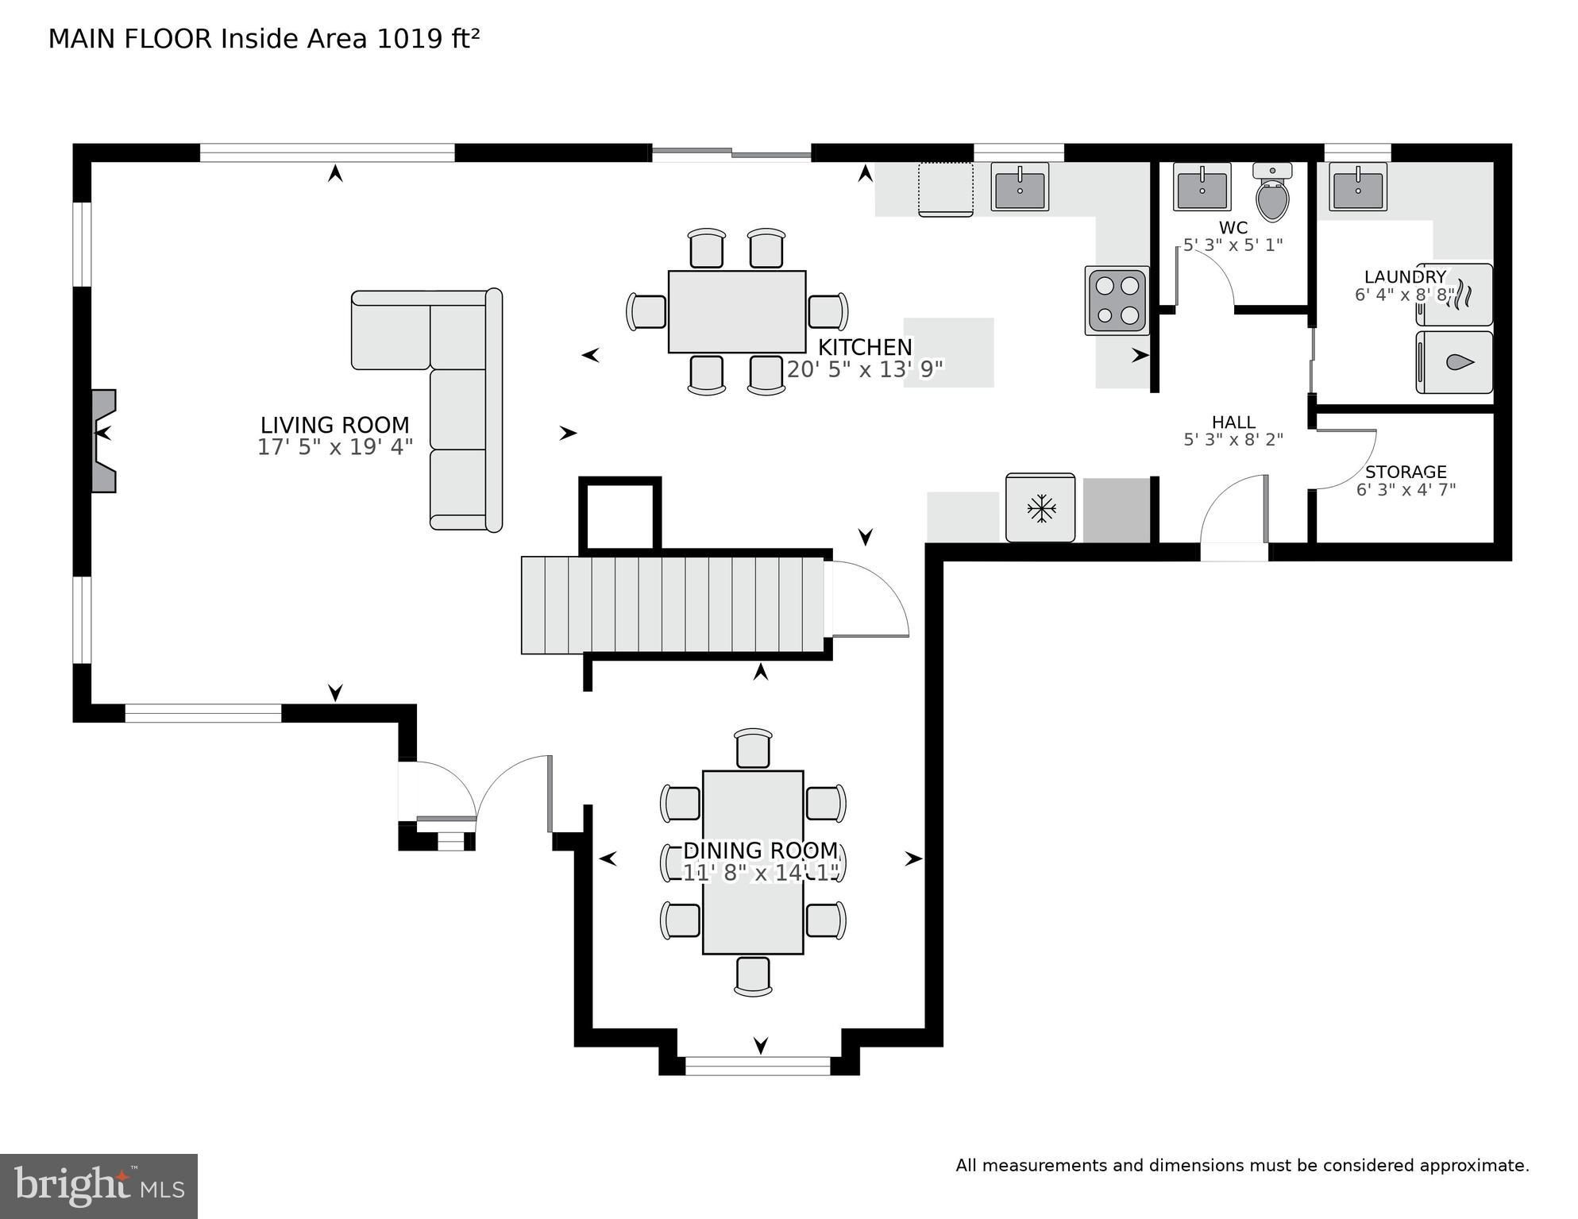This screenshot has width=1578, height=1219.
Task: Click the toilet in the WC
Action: tap(1272, 195)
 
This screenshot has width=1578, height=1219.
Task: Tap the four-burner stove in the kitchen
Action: tap(1117, 300)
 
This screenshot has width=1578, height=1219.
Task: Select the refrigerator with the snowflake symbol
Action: tap(1040, 508)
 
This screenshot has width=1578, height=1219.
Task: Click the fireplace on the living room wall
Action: tap(103, 441)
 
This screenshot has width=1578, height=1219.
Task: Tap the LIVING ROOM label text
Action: tap(335, 425)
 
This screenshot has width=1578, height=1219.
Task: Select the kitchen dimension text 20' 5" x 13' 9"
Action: tap(865, 369)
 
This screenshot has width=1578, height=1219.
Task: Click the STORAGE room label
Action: tap(1405, 472)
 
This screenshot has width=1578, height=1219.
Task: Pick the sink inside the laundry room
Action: tap(1358, 187)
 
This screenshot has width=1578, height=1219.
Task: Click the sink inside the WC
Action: tap(1202, 187)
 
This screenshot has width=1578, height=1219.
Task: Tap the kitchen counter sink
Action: tap(1019, 187)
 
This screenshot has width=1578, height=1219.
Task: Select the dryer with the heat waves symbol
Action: tap(1455, 295)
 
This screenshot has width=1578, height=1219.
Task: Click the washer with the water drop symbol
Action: tap(1455, 362)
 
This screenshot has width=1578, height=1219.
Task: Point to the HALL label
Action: tap(1233, 422)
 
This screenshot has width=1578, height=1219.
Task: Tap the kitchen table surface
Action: tap(736, 311)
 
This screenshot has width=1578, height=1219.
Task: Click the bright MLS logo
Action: tap(98, 1186)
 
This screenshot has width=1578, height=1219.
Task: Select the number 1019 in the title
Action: tap(410, 39)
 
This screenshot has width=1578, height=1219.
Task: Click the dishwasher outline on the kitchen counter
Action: tap(945, 189)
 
